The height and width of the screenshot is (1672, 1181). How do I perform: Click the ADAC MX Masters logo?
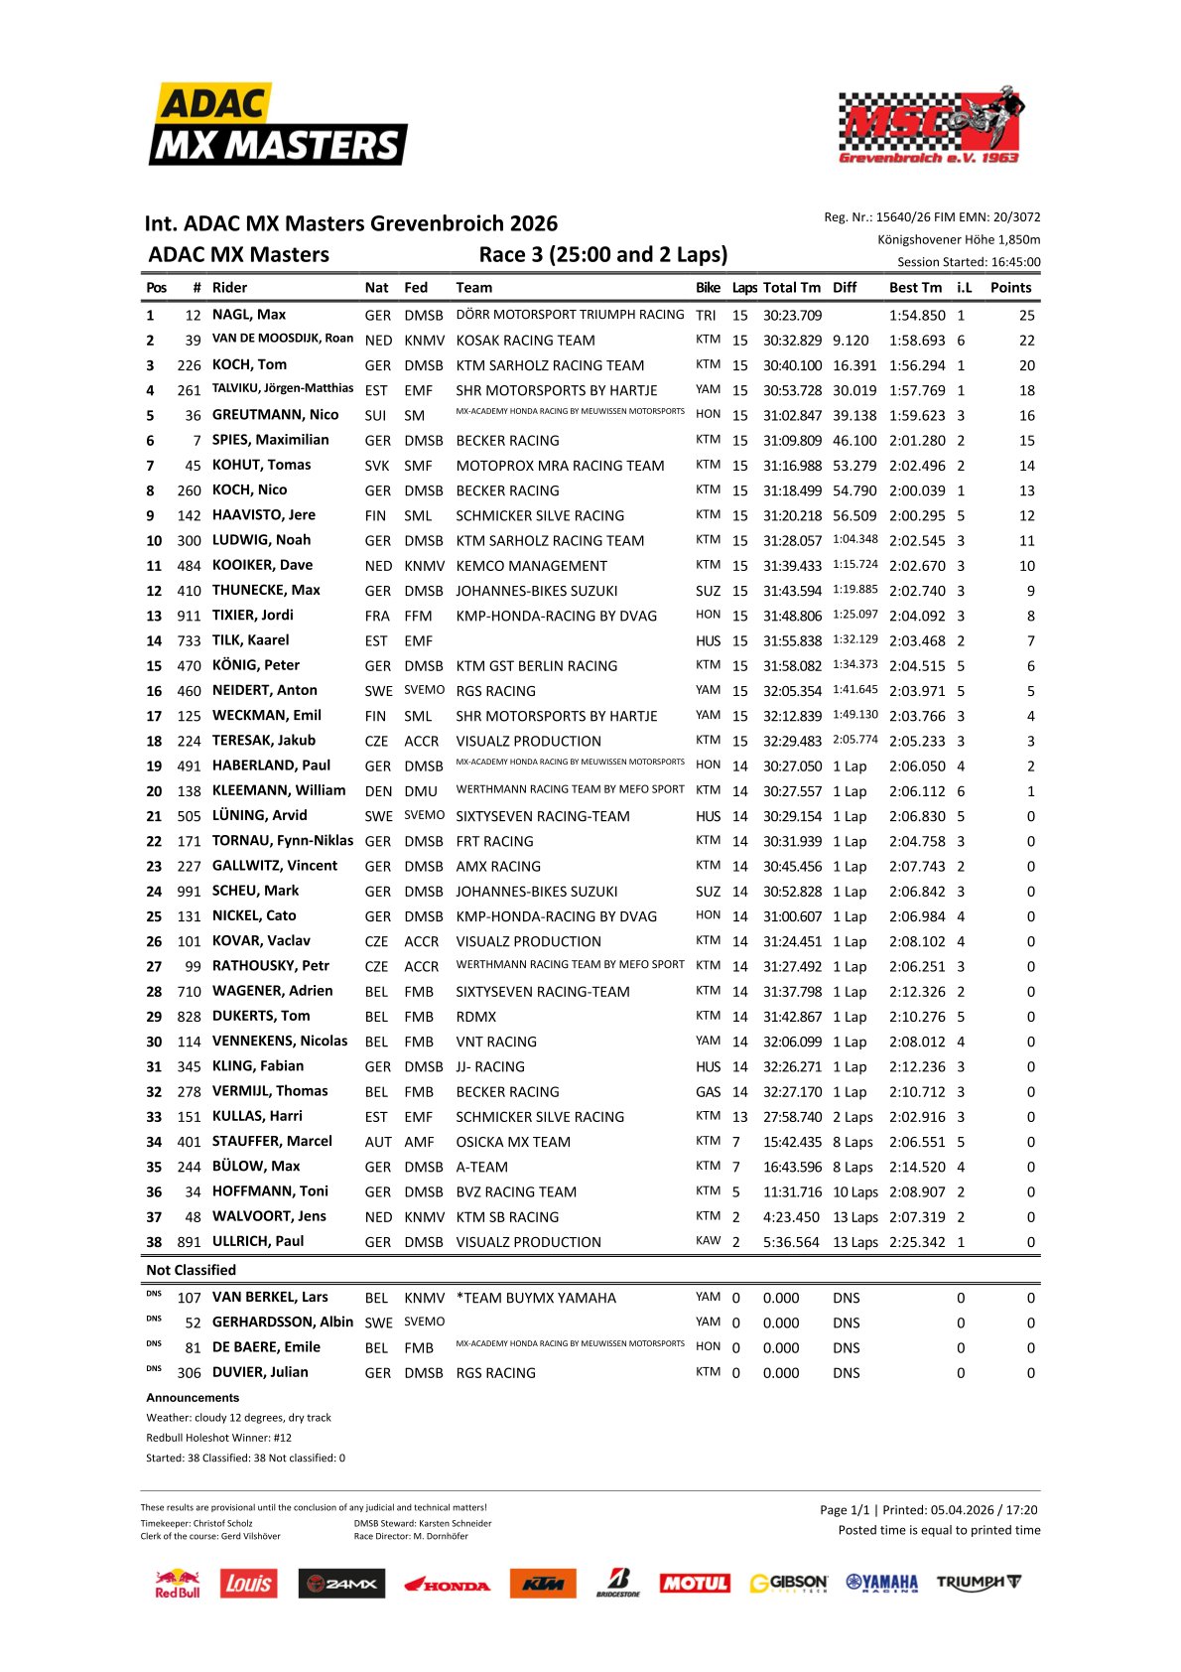pyautogui.click(x=278, y=125)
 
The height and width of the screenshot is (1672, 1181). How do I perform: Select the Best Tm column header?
pyautogui.click(x=915, y=288)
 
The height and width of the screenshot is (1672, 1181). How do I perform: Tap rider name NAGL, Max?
pyautogui.click(x=249, y=315)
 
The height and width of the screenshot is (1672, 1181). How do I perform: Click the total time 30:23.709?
pyautogui.click(x=792, y=316)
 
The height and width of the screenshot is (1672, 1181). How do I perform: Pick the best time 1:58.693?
pyautogui.click(x=917, y=341)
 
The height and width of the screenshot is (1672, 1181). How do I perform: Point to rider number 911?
pyautogui.click(x=189, y=616)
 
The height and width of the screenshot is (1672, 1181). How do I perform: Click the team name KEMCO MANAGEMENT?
pyautogui.click(x=531, y=566)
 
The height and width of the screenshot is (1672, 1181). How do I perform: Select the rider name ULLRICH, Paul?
pyautogui.click(x=258, y=1241)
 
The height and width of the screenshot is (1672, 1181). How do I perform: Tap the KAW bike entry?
pyautogui.click(x=708, y=1241)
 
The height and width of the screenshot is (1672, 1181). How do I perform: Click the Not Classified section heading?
pyautogui.click(x=191, y=1270)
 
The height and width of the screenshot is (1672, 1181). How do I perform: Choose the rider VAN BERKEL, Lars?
pyautogui.click(x=270, y=1297)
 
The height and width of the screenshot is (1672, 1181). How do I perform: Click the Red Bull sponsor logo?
pyautogui.click(x=177, y=1584)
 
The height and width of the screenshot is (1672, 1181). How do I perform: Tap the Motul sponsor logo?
pyautogui.click(x=695, y=1584)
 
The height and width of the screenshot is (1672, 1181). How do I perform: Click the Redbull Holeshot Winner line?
pyautogui.click(x=218, y=1438)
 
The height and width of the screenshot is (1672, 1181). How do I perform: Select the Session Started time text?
pyautogui.click(x=969, y=262)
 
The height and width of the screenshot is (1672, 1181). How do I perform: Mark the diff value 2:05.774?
pyautogui.click(x=854, y=740)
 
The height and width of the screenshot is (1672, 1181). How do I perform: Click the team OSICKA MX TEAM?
pyautogui.click(x=513, y=1142)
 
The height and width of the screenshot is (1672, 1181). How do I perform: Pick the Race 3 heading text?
pyautogui.click(x=602, y=254)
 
